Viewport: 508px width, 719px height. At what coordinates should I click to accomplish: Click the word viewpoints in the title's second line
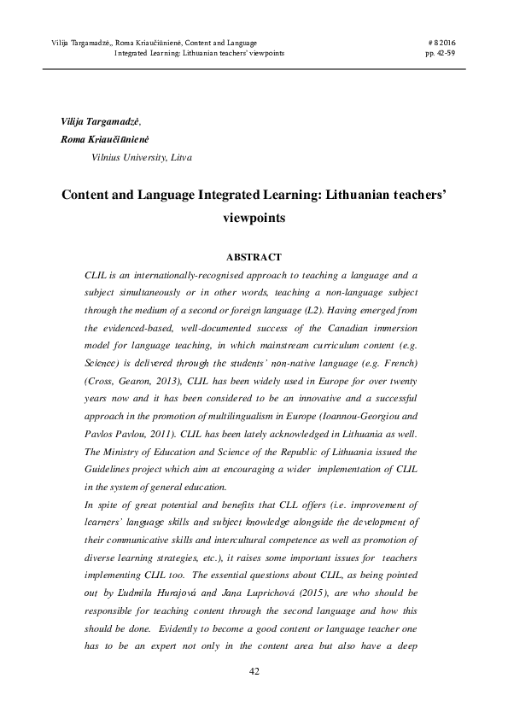(254, 217)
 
